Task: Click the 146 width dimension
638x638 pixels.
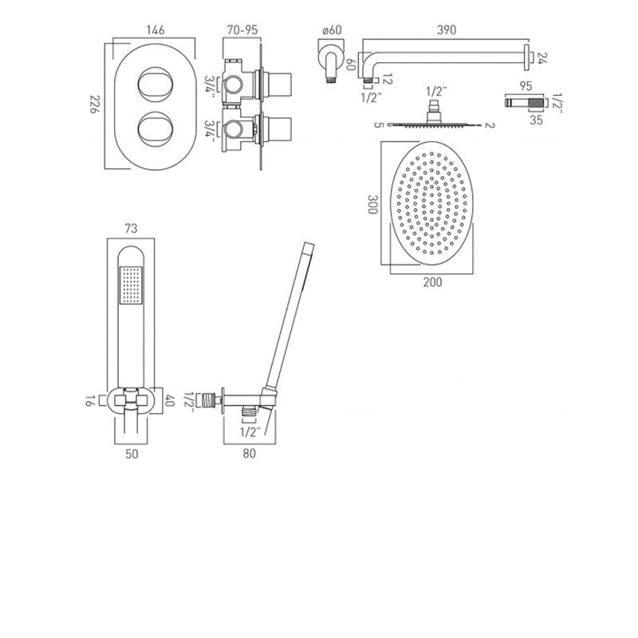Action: tap(156, 30)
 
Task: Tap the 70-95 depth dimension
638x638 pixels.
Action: tap(241, 30)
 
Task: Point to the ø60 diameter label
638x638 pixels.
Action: tap(331, 30)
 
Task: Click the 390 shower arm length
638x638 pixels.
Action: tap(447, 30)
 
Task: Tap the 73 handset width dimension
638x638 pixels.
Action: tap(132, 229)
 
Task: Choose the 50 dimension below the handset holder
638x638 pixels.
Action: tap(132, 454)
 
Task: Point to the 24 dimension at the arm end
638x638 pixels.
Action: tap(542, 57)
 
